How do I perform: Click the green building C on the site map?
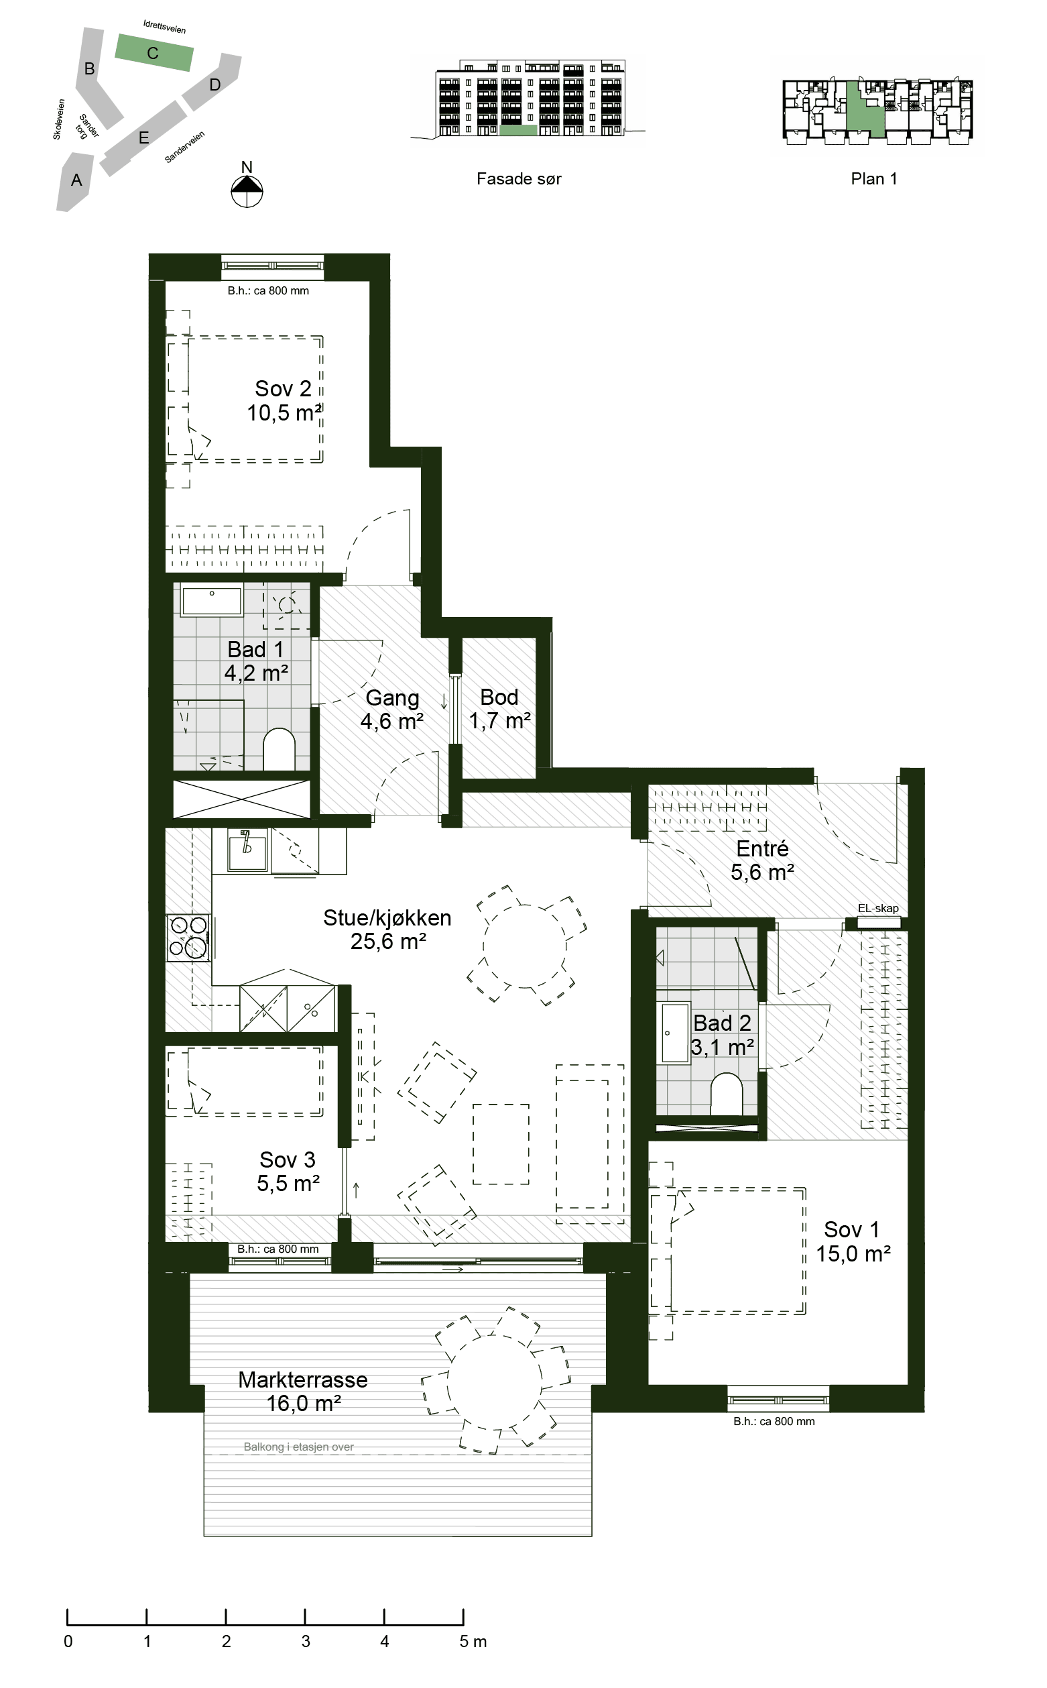[x=153, y=52]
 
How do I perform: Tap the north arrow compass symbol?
[x=247, y=191]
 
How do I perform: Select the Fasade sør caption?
[x=519, y=178]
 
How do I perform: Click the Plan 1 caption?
[x=874, y=178]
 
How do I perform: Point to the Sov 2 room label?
[x=284, y=388]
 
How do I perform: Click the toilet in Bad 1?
[x=279, y=748]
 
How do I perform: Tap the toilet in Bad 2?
[x=727, y=1094]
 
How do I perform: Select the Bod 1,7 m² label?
[x=499, y=709]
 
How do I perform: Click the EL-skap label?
[x=878, y=908]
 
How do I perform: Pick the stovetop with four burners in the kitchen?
[x=188, y=937]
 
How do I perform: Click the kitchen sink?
[x=247, y=849]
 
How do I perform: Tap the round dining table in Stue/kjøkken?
[x=525, y=946]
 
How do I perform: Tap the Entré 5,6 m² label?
[x=762, y=860]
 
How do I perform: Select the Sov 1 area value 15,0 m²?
[x=853, y=1253]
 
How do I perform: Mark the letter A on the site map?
[x=76, y=180]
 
